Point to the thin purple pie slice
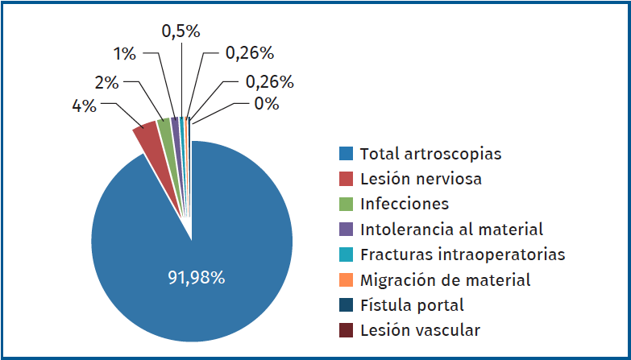coord(175,123)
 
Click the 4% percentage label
coord(84,106)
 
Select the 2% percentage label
coord(106,82)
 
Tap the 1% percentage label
coord(124,54)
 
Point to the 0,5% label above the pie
coord(181,31)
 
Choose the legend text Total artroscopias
coord(430,153)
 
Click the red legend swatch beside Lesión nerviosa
coord(346,179)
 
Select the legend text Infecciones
coord(404,204)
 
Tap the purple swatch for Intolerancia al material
coord(346,230)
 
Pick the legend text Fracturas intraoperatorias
coord(462,254)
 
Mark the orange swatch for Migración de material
coord(346,280)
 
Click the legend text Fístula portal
coord(411,305)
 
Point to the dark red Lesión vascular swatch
coord(346,330)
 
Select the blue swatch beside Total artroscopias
coord(346,153)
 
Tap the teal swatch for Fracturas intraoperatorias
coord(346,254)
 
